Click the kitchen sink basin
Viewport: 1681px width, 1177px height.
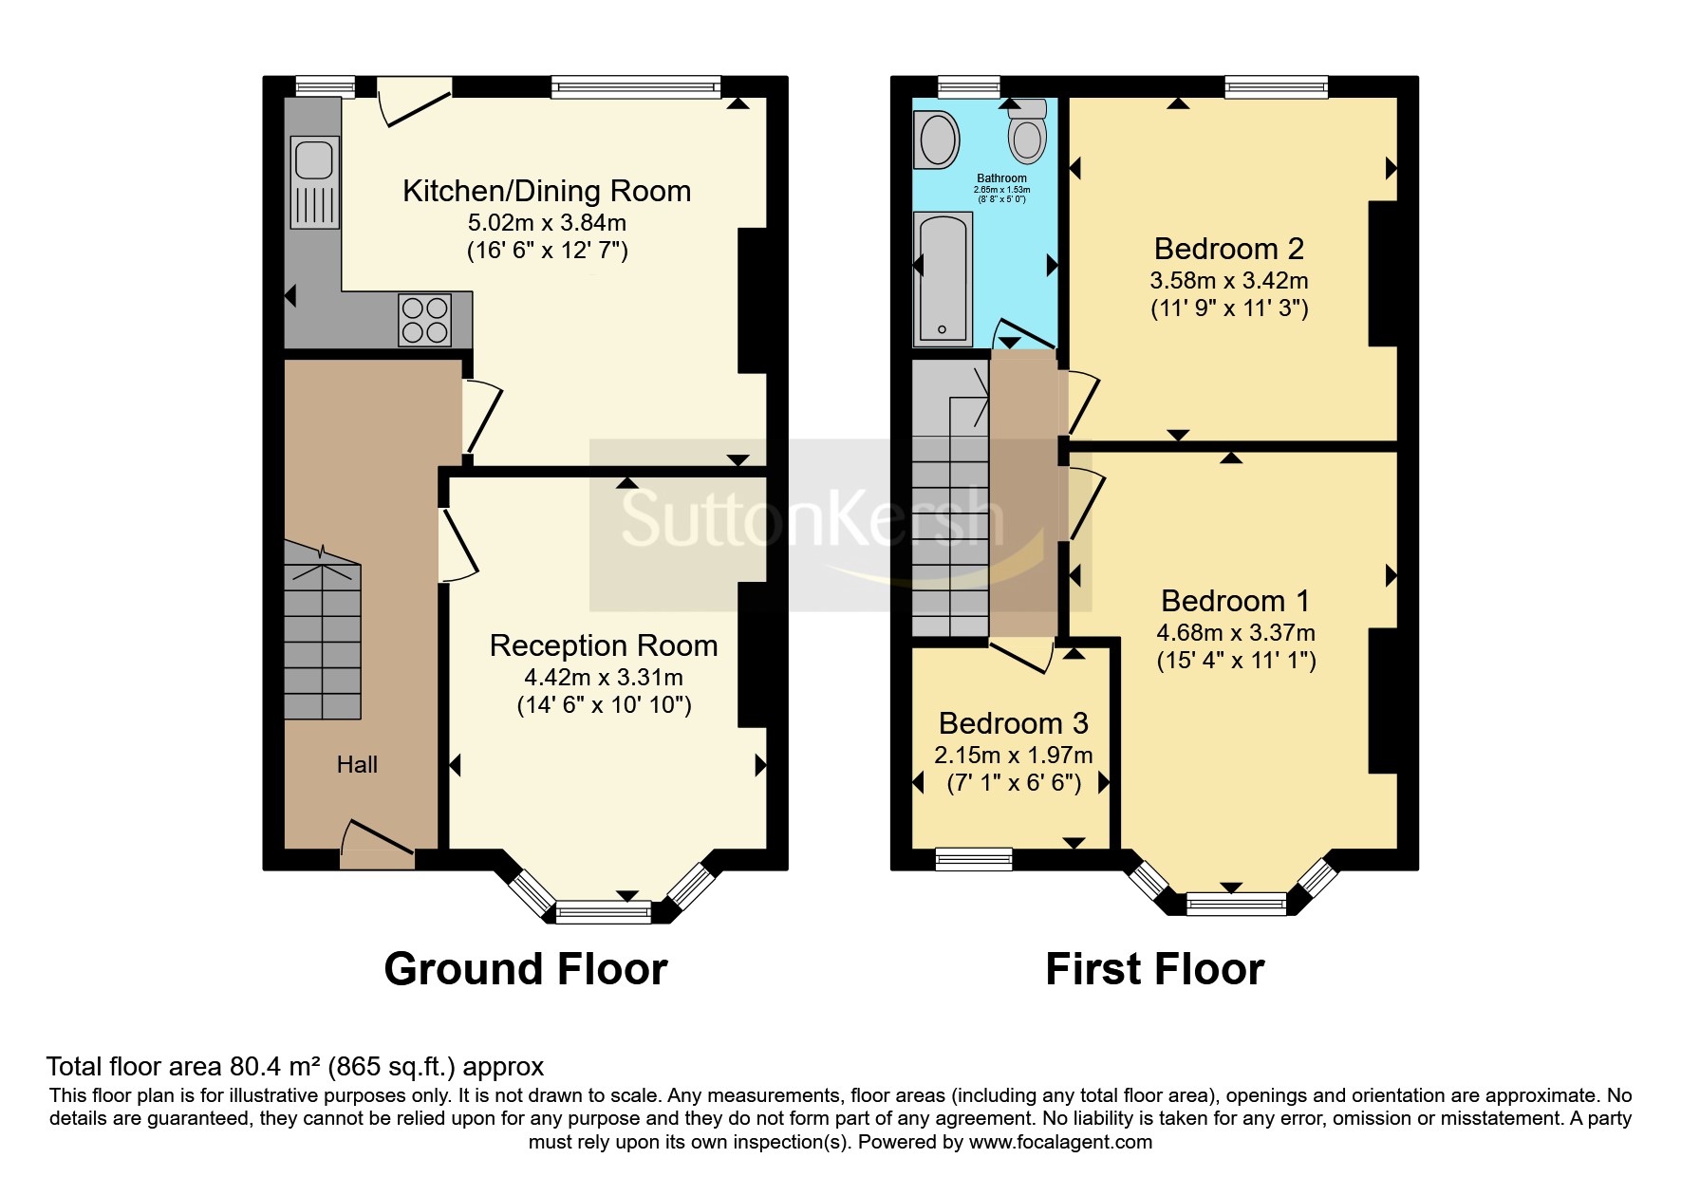(x=314, y=159)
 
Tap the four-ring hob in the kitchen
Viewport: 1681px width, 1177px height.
(x=424, y=320)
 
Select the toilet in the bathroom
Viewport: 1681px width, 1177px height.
(x=1027, y=132)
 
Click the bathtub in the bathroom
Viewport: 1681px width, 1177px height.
(x=943, y=278)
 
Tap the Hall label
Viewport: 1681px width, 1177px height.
(x=357, y=764)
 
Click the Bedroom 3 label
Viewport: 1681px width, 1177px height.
(x=1014, y=723)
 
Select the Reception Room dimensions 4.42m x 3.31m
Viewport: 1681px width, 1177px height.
(x=604, y=677)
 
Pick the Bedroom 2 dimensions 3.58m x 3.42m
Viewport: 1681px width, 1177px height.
(x=1229, y=281)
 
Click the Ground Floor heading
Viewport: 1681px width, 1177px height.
(x=526, y=969)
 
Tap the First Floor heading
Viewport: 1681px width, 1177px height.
(x=1155, y=969)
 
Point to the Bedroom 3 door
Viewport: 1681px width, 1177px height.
(x=1022, y=655)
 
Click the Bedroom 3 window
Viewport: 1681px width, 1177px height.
(x=974, y=859)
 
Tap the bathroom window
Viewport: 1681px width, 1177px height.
(x=969, y=87)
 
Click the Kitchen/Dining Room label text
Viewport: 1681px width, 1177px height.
(x=547, y=191)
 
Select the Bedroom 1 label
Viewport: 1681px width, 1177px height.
(x=1235, y=601)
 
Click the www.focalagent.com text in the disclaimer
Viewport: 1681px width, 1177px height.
(x=1061, y=1142)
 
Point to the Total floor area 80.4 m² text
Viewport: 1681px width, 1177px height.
(x=185, y=1067)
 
